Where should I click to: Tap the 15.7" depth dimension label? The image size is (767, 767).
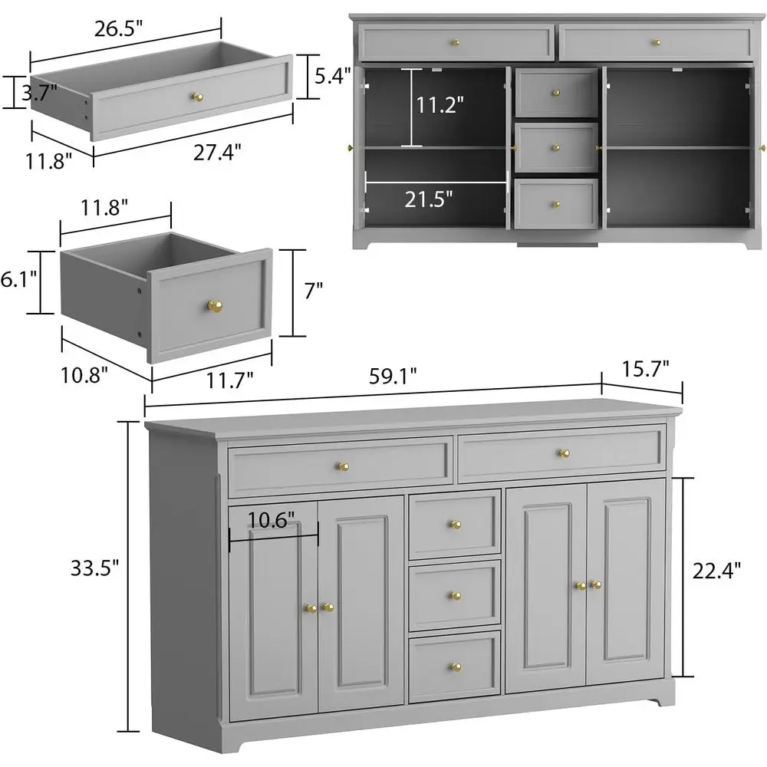pos(651,368)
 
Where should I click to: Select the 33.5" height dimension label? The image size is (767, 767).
pos(95,568)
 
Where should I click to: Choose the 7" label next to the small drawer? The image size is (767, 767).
pos(314,291)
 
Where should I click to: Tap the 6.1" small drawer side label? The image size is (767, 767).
pos(17,281)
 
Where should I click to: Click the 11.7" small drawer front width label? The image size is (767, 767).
pos(231,377)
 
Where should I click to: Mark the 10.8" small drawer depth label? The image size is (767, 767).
pos(85,374)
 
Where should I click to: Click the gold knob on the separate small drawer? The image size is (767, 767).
pos(214,306)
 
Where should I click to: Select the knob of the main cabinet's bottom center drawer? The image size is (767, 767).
pos(455,667)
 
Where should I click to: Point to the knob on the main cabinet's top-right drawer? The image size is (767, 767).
pos(565,453)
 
